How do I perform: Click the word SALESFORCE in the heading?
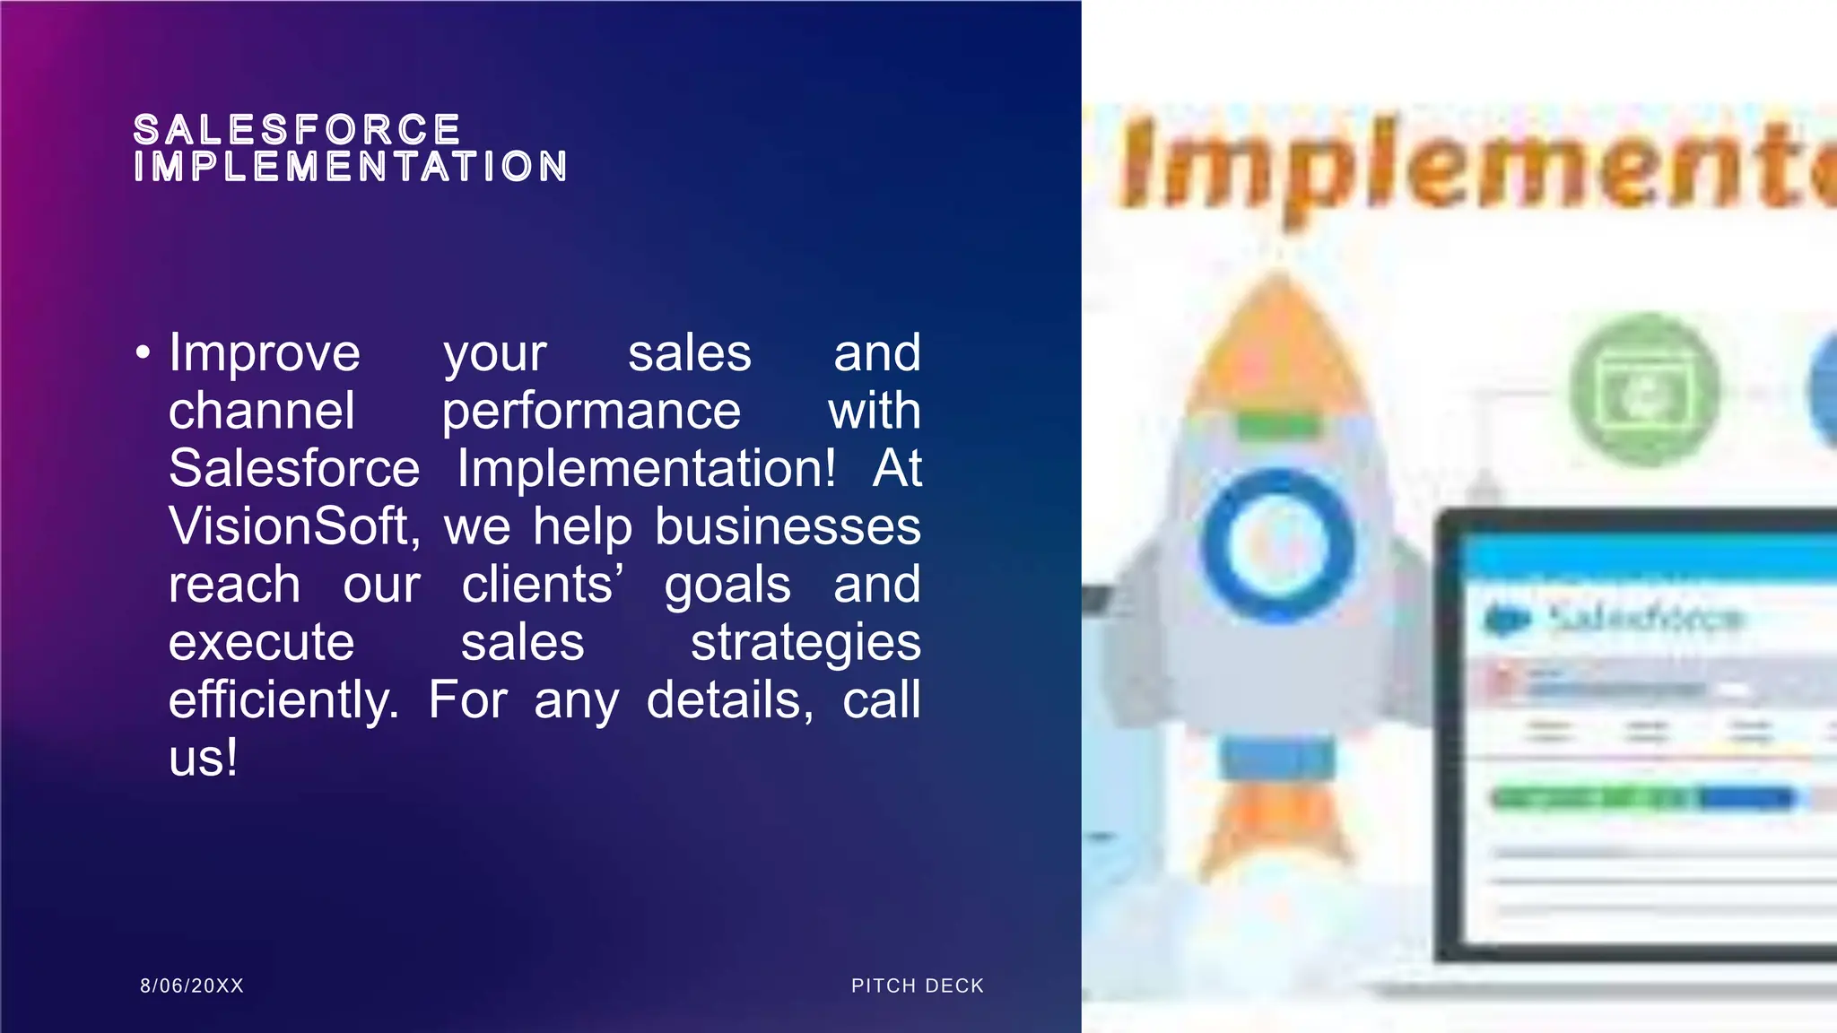(297, 130)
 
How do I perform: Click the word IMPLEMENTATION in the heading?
(351, 167)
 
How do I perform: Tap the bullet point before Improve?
(144, 353)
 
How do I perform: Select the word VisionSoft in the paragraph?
(294, 526)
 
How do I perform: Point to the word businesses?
(788, 526)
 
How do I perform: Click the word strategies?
(805, 642)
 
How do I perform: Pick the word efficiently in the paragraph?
(283, 700)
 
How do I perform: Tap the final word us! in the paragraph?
(204, 758)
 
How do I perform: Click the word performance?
(591, 412)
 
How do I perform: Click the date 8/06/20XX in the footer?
(192, 985)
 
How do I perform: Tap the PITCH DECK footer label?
(918, 985)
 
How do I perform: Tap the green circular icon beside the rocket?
(1646, 390)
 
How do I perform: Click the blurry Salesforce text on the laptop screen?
(1646, 618)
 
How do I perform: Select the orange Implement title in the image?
(1471, 163)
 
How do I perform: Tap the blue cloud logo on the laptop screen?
(1507, 619)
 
